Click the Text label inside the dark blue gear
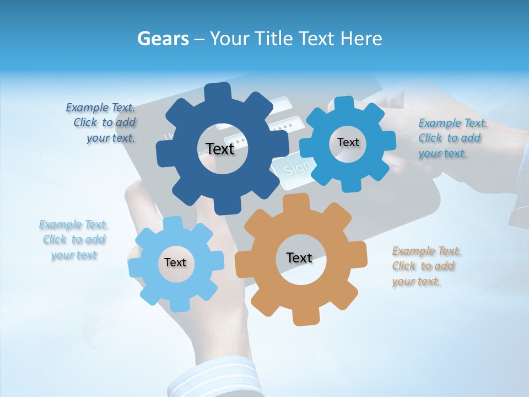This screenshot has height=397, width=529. click(x=220, y=149)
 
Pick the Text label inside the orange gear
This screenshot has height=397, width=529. click(x=299, y=257)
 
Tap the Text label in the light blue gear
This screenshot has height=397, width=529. click(x=175, y=262)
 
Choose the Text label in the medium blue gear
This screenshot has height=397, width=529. click(x=348, y=142)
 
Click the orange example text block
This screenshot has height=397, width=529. click(x=425, y=266)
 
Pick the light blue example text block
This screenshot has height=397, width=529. click(x=74, y=240)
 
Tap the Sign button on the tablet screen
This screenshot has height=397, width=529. click(x=298, y=167)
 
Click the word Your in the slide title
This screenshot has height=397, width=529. click(x=229, y=39)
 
